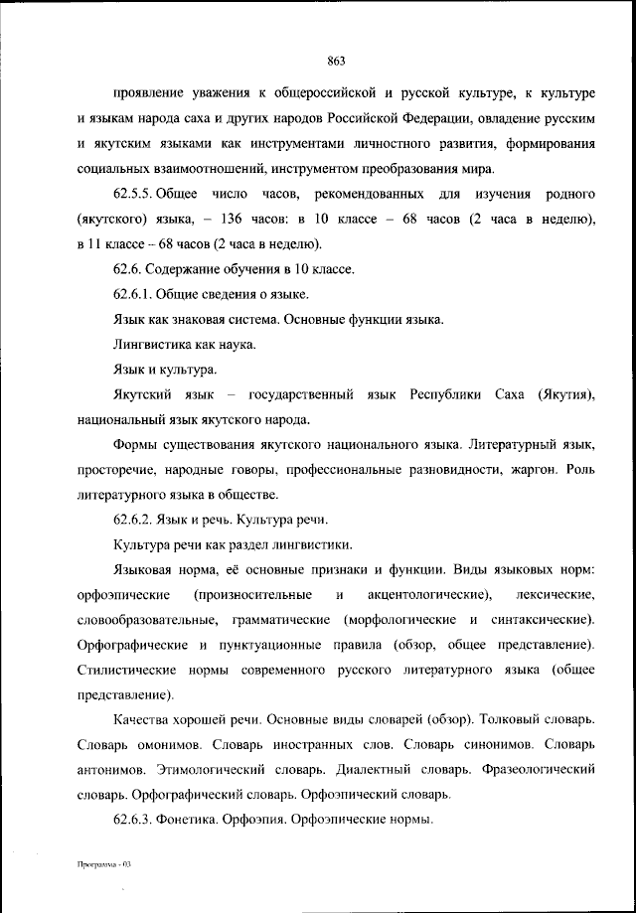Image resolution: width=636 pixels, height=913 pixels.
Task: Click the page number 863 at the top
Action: coord(335,61)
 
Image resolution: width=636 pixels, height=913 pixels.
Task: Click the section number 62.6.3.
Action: coord(133,820)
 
